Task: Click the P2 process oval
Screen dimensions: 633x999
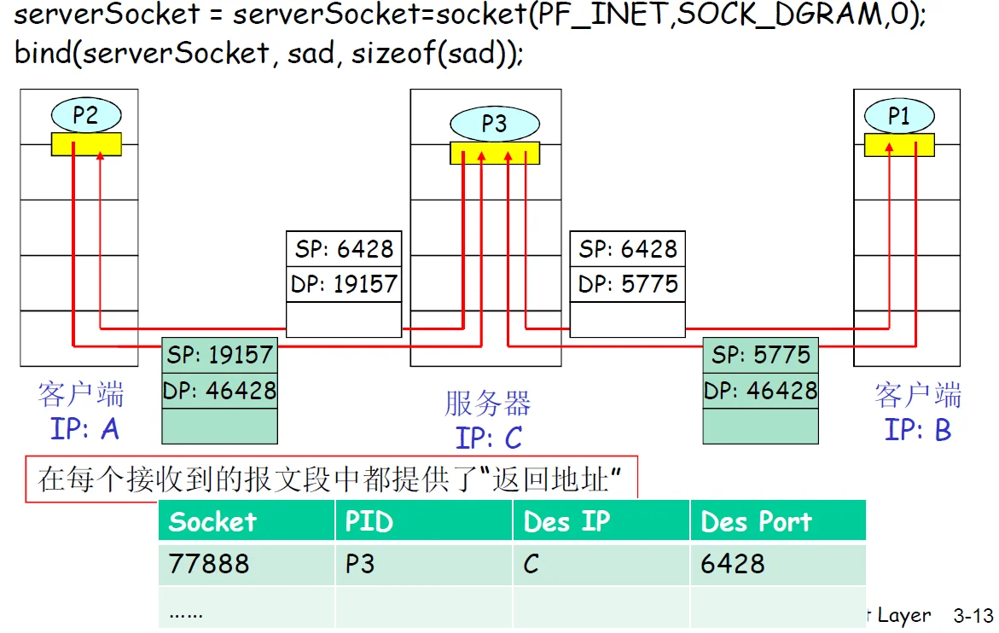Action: point(85,115)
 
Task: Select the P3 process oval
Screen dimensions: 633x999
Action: point(494,124)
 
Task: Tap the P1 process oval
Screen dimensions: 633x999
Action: point(898,116)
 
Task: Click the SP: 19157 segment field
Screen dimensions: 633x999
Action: point(220,355)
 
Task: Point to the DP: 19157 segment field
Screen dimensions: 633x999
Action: point(344,284)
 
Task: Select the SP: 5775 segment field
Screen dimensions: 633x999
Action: point(760,355)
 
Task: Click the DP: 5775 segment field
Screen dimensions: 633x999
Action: point(628,284)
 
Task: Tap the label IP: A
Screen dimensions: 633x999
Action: point(84,428)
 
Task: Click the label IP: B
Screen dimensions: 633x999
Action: point(918,429)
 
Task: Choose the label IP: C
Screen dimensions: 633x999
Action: point(488,438)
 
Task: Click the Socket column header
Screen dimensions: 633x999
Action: point(212,521)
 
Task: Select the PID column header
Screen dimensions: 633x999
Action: point(369,521)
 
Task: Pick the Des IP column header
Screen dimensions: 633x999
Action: point(567,521)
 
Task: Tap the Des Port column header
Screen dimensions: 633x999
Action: point(756,521)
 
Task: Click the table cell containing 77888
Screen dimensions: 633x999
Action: point(209,564)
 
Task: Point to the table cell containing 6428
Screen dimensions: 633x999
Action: point(733,564)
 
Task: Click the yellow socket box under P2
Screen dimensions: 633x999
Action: point(86,144)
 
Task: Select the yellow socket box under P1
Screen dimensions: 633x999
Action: point(898,145)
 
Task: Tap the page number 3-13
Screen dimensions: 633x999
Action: point(973,615)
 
